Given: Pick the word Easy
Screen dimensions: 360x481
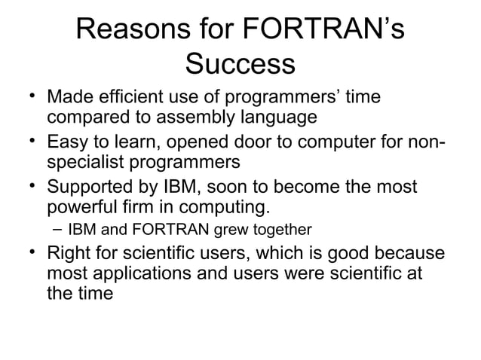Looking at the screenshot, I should (x=68, y=142).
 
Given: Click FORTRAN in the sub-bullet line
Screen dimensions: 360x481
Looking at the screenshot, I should (x=167, y=228).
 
